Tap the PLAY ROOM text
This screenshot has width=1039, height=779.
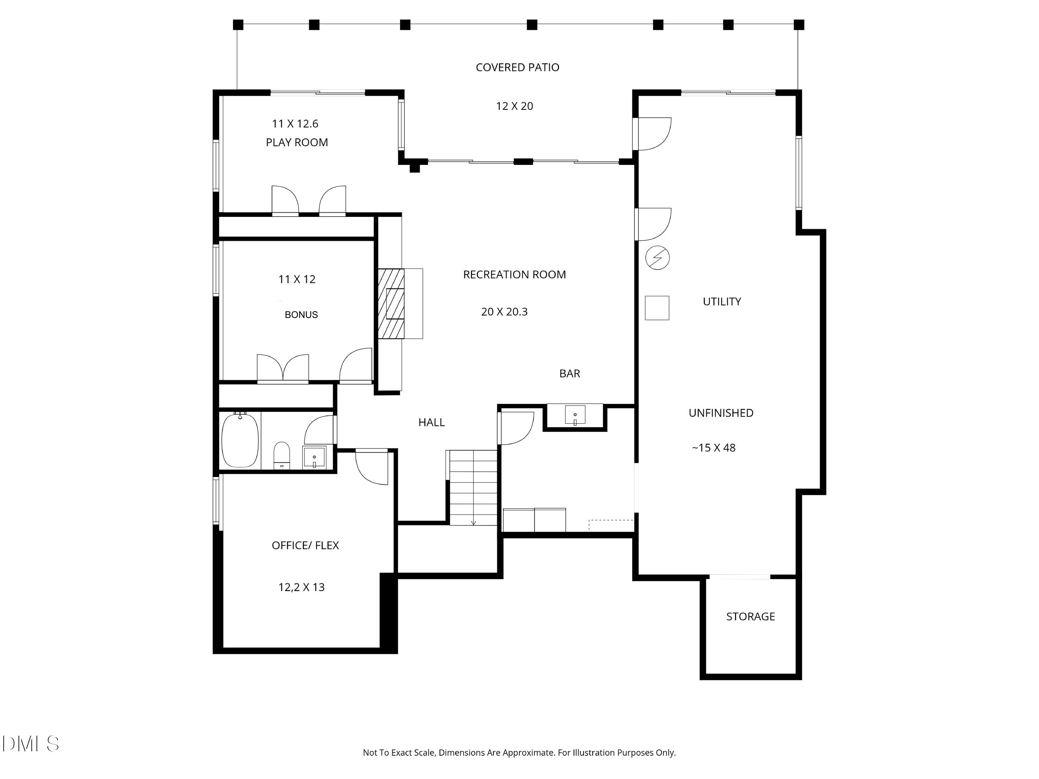[297, 142]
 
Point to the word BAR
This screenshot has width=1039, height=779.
[569, 373]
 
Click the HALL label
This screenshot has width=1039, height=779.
[431, 422]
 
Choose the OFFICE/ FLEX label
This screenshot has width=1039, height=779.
[305, 546]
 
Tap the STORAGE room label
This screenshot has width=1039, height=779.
[750, 617]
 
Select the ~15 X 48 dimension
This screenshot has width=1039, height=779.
[713, 448]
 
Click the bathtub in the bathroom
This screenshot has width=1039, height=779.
[240, 440]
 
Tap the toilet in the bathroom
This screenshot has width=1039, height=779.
[282, 455]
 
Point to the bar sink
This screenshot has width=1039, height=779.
[575, 415]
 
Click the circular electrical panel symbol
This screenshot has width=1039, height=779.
[657, 257]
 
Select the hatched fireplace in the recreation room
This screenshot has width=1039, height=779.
[391, 303]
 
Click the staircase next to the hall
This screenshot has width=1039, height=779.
[473, 488]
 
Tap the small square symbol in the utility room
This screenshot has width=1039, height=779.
[657, 308]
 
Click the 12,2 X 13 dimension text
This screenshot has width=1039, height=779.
[302, 587]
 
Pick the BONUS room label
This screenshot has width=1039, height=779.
[301, 315]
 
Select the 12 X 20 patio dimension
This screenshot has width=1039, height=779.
[514, 106]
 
